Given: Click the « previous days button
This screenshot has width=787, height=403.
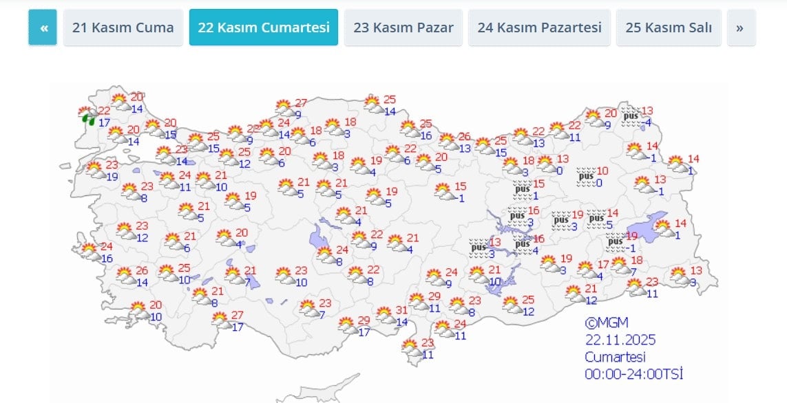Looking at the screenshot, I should click(x=43, y=28).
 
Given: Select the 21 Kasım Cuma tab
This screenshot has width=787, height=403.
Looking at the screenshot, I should click(x=123, y=28).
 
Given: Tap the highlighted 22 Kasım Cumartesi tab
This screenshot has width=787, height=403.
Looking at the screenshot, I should click(x=264, y=28).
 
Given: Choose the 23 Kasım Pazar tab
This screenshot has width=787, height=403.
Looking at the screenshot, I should click(x=403, y=28).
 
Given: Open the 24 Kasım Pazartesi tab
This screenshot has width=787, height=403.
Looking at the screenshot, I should click(x=539, y=28).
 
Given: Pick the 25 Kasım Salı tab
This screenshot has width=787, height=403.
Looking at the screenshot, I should click(x=669, y=28).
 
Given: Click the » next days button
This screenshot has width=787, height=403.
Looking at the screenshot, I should click(x=740, y=28).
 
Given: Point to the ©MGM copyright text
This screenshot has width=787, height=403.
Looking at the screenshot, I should click(x=607, y=323).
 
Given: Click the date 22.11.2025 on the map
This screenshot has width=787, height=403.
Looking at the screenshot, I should click(x=620, y=340).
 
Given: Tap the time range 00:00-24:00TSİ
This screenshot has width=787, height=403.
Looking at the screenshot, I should click(x=633, y=374).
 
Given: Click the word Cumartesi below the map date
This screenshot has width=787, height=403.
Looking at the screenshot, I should click(x=615, y=357).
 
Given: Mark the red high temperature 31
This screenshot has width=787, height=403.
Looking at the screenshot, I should click(x=402, y=310).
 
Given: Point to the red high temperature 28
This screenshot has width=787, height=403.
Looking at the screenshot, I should click(x=253, y=129).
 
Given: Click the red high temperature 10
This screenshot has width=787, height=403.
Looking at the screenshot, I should click(x=602, y=171).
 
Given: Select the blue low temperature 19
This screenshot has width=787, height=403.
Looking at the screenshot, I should click(x=112, y=177).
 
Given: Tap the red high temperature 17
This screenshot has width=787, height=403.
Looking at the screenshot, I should click(x=602, y=265).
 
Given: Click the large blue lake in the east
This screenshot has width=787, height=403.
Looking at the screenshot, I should click(x=649, y=225).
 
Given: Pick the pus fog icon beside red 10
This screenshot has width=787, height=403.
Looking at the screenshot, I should click(x=585, y=176).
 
